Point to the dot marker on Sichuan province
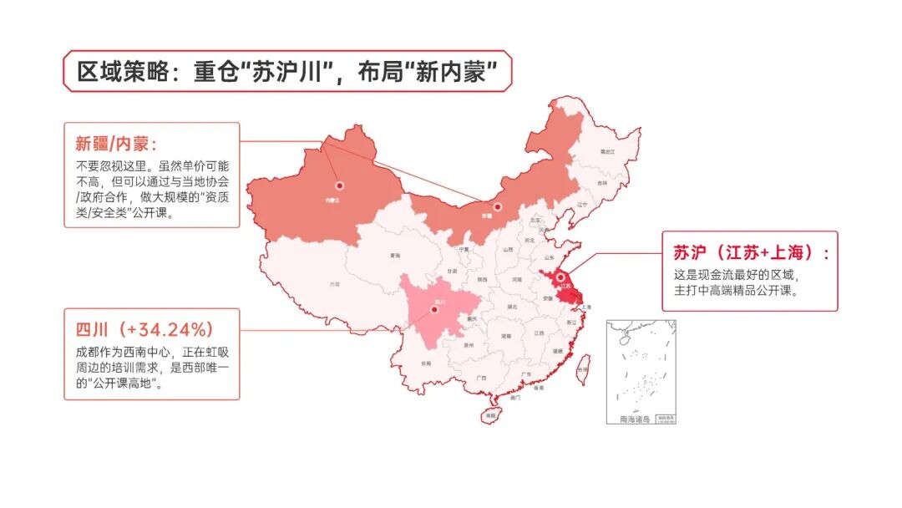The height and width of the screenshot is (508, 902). pos(434,310)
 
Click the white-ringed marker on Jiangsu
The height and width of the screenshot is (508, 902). pos(561,278)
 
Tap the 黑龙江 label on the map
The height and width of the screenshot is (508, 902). pos(606,151)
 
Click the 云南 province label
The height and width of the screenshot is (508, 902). pos(427,363)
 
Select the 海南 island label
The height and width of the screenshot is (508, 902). pos(490,414)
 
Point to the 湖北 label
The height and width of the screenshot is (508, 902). pos(511,307)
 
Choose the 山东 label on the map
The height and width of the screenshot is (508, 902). pos(548,258)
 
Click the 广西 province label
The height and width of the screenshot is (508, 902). pos(480,378)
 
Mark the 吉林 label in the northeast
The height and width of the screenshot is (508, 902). pos(602,182)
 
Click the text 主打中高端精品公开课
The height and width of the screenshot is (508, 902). pos(737,291)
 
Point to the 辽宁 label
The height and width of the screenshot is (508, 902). pos(582,205)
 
